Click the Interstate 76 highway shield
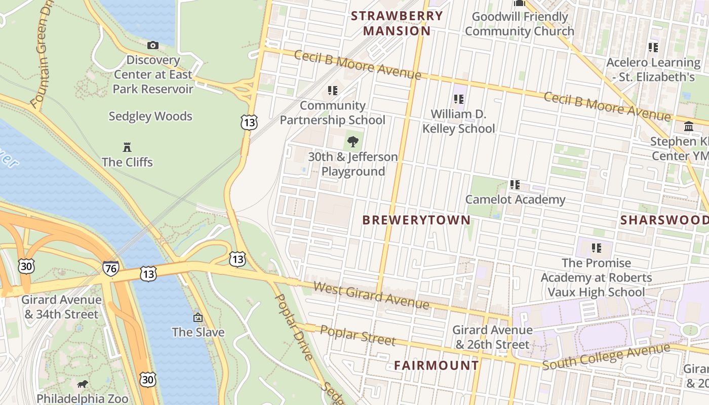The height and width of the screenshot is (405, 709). click(110, 268)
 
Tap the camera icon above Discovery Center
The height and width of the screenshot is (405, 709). click(152, 45)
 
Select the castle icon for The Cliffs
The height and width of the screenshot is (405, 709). click(127, 147)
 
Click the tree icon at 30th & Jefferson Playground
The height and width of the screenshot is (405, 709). click(353, 142)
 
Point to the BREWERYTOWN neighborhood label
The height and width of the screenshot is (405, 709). click(416, 220)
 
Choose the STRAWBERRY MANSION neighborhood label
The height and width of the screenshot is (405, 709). click(397, 23)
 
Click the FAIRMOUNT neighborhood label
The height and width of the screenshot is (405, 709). click(437, 365)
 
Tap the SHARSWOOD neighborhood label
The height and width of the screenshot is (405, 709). click(664, 220)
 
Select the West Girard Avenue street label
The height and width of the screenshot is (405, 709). click(371, 295)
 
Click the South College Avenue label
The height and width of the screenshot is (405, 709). click(606, 356)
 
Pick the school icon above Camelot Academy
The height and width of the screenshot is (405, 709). click(515, 185)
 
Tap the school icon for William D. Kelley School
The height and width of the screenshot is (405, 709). click(459, 99)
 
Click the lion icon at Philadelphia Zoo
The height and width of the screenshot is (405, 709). click(83, 384)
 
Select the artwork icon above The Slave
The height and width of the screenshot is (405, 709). click(198, 317)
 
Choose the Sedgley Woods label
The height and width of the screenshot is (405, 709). click(150, 116)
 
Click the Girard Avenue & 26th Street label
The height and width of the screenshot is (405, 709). click(492, 337)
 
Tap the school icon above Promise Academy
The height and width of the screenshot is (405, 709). click(596, 248)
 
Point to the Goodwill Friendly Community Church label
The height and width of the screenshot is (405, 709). click(520, 24)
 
